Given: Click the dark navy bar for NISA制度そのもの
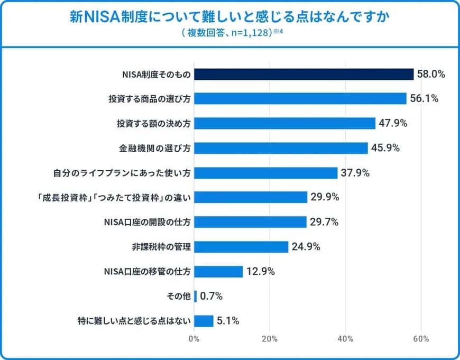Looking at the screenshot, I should click(x=303, y=74).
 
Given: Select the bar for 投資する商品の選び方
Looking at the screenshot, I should click(x=300, y=99).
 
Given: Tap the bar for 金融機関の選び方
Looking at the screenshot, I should click(x=281, y=148).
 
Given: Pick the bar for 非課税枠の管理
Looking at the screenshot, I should click(x=241, y=247).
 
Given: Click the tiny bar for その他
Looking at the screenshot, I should click(x=196, y=296).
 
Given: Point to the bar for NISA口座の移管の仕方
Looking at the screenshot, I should click(x=218, y=272).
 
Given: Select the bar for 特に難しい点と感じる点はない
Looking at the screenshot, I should click(x=204, y=321).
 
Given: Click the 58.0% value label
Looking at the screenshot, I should click(x=431, y=74).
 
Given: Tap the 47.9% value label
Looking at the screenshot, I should click(x=392, y=124).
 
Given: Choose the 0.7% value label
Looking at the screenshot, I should click(x=211, y=296).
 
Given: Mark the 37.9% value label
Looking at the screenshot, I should click(x=354, y=173).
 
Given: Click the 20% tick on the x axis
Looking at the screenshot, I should click(x=270, y=339).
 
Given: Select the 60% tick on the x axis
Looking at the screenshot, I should click(x=421, y=339).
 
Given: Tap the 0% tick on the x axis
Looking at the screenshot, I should click(x=194, y=339).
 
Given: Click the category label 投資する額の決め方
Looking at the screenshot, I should click(x=153, y=124).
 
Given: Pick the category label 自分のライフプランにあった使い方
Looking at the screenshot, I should click(x=122, y=173).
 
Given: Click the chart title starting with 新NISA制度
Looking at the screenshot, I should click(x=230, y=17).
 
